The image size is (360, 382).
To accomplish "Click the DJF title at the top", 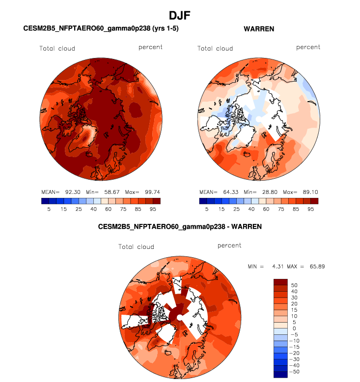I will coord(180,16).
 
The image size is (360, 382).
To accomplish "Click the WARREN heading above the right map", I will coord(259,29).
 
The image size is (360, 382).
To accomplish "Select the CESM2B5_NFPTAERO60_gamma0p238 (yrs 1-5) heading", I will coord(101,29).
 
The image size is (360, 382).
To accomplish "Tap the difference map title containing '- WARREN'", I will coord(180,227).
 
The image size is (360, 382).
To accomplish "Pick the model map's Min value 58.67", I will coord(109,191).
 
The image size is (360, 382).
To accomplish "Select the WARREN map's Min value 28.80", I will coord(267,191).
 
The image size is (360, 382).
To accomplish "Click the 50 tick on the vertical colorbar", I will coord(295,285).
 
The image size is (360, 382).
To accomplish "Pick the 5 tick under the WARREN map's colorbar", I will coord(207,209).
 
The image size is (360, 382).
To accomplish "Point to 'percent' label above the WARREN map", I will coord(308,47).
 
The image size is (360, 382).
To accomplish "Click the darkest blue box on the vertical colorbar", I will coord(280,375).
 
